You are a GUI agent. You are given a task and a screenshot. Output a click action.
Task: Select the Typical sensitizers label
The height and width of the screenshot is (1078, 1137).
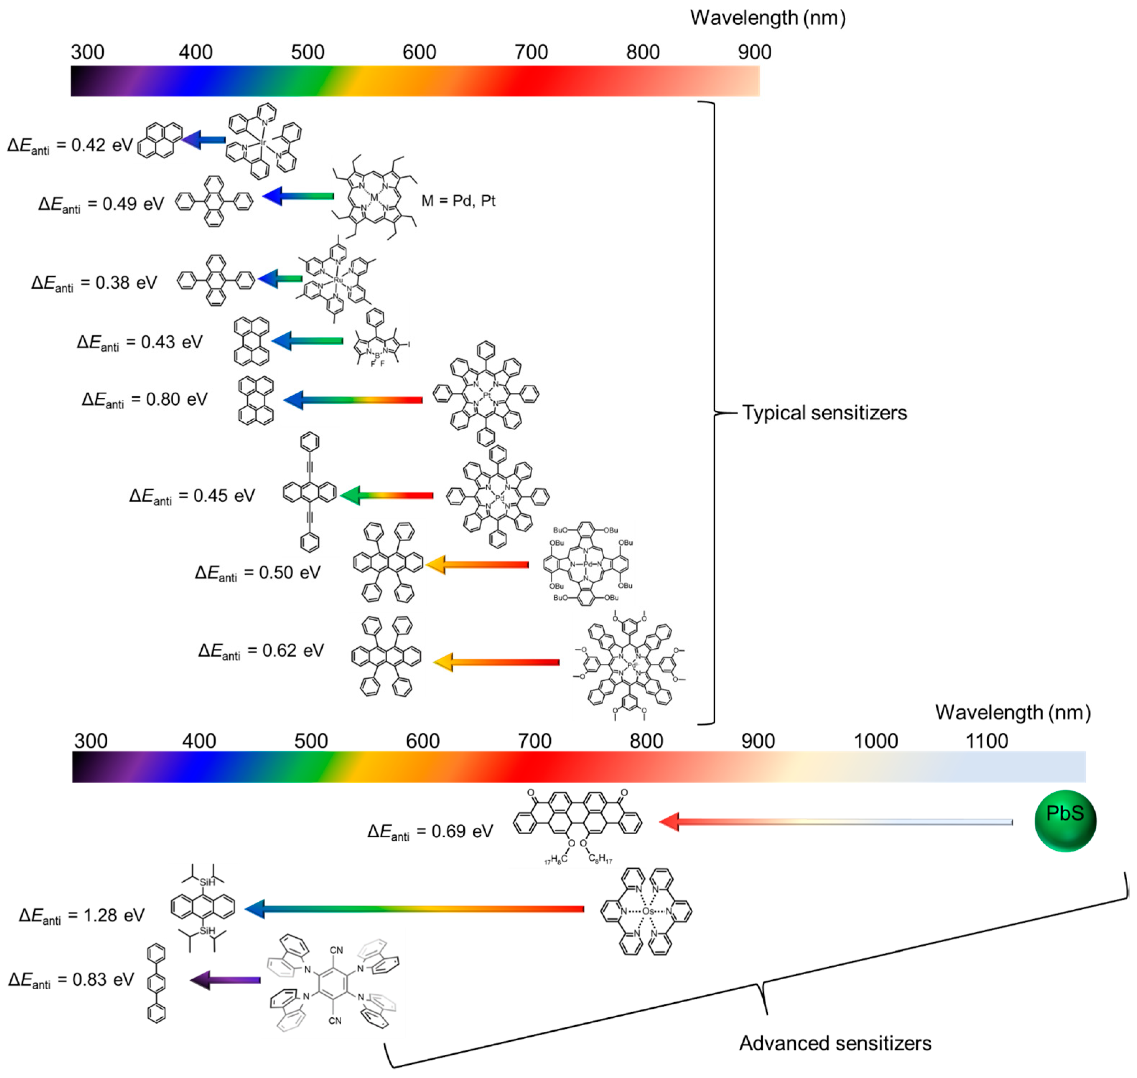pos(824,412)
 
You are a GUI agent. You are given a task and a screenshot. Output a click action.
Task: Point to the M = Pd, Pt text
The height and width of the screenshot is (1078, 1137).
pos(458,201)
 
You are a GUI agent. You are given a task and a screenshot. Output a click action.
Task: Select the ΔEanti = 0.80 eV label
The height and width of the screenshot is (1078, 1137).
pos(144,400)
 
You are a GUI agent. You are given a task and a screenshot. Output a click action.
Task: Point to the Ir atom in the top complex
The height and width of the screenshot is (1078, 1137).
pos(263,142)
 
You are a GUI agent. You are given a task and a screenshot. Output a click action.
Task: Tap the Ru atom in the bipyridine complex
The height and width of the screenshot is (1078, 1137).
pos(338,280)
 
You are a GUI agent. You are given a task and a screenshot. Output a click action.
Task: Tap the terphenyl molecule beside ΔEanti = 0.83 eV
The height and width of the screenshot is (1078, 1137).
pos(156,983)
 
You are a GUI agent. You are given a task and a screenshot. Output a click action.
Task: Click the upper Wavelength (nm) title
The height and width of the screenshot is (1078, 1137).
pos(768,18)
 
